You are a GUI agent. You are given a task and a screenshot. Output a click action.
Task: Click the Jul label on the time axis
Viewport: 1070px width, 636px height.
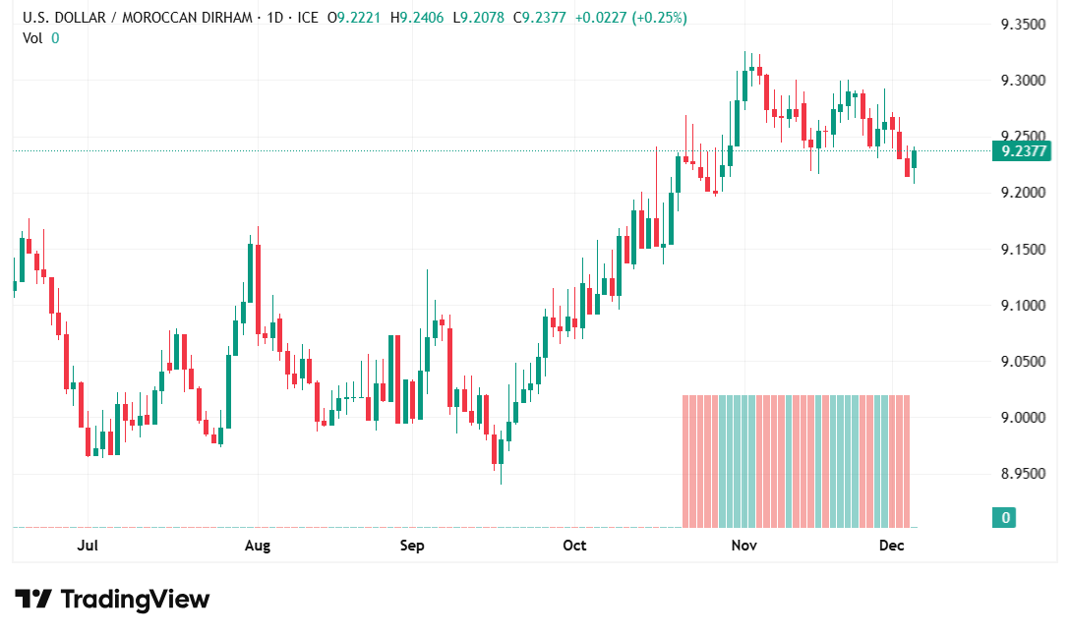[x=88, y=545]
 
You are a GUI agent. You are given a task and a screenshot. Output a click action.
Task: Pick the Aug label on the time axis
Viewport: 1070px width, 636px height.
[x=257, y=545]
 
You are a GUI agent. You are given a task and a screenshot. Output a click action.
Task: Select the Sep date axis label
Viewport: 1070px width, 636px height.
[x=412, y=545]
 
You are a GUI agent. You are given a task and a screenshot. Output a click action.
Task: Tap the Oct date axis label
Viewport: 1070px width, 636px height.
[x=574, y=545]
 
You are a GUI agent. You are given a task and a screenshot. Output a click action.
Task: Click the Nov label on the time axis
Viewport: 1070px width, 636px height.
[x=743, y=545]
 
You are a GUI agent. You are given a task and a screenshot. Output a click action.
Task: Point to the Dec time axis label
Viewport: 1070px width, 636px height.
[x=892, y=545]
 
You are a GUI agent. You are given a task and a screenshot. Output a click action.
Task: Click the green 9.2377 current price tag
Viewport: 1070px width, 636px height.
[x=1021, y=151]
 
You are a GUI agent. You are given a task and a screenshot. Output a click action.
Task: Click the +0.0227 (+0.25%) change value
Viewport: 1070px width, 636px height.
[x=630, y=18]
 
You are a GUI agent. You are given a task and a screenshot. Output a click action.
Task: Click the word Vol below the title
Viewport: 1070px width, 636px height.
[x=31, y=37]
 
